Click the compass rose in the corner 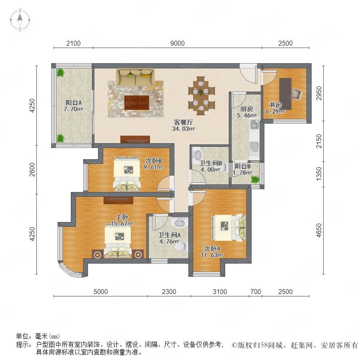pyautogui.click(x=20, y=20)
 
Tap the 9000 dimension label pyautogui.click(x=178, y=43)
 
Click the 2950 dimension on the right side pyautogui.click(x=319, y=93)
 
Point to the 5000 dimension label pyautogui.click(x=101, y=292)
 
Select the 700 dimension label pyautogui.click(x=256, y=292)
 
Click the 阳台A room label pyautogui.click(x=74, y=102)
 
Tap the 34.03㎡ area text pyautogui.click(x=184, y=128)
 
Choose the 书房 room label pyautogui.click(x=275, y=105)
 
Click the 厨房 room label pyautogui.click(x=246, y=108)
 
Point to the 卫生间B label pyautogui.click(x=210, y=163)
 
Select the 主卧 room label pyautogui.click(x=122, y=217)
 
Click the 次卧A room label pyautogui.click(x=212, y=248)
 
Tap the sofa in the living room pyautogui.click(x=135, y=77)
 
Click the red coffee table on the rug pyautogui.click(x=137, y=103)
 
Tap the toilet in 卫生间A pyautogui.click(x=181, y=246)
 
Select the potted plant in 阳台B pyautogui.click(x=255, y=179)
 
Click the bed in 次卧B pyautogui.click(x=126, y=174)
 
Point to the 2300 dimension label pyautogui.click(x=169, y=292)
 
